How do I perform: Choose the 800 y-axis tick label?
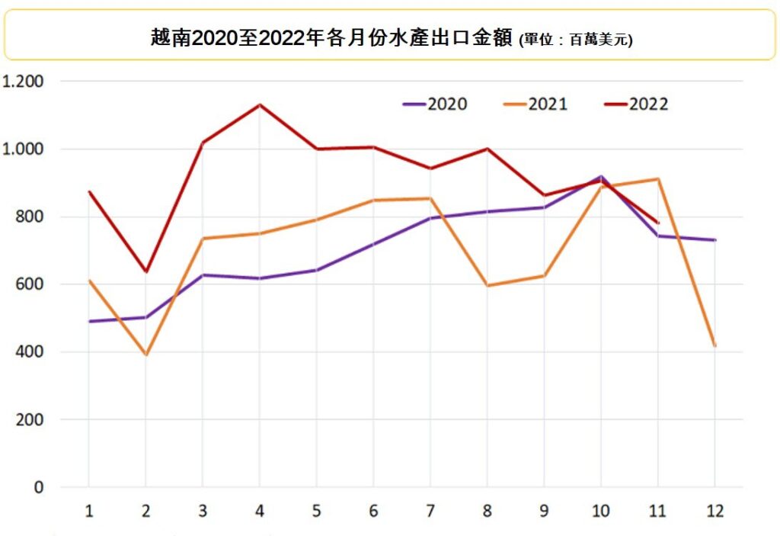tap(30, 217)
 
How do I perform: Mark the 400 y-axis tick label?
tap(30, 352)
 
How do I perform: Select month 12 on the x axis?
tap(714, 511)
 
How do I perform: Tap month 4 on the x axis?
tap(259, 511)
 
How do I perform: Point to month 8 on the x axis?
tap(487, 511)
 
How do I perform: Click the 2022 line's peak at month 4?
tap(259, 104)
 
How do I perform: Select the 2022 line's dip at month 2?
tap(145, 271)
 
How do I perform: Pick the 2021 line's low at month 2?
tap(145, 355)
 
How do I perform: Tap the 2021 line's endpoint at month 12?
tap(714, 345)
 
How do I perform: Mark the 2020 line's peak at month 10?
tap(600, 176)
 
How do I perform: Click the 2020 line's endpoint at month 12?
tap(714, 240)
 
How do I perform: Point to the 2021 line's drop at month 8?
tap(487, 285)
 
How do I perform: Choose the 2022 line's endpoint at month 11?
tap(657, 223)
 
